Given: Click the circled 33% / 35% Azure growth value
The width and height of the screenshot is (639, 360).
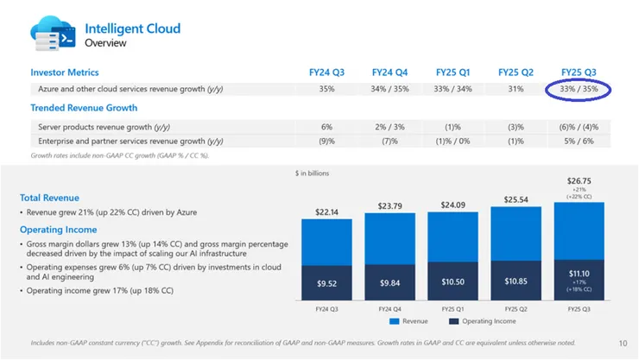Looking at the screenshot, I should click(x=579, y=89).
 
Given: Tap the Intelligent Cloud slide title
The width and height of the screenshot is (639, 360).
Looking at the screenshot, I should click(x=132, y=28).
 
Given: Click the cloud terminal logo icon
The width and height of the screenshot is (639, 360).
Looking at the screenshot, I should click(x=53, y=34).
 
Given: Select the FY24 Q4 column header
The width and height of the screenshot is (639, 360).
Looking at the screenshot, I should click(x=389, y=73).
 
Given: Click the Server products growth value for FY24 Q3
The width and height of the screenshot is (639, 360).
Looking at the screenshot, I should click(x=326, y=127).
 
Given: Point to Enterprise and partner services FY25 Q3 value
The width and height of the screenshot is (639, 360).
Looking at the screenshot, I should click(x=578, y=141).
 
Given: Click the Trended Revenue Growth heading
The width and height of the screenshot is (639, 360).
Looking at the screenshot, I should click(x=84, y=108).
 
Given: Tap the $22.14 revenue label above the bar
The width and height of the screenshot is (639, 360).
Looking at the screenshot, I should click(x=326, y=212).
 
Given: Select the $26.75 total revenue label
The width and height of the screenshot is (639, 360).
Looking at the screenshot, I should click(x=579, y=181).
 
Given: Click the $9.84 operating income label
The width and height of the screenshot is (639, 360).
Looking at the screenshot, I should click(x=389, y=282).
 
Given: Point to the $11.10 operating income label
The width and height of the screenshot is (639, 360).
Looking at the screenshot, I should click(x=579, y=273).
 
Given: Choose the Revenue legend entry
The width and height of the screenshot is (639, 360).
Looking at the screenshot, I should click(x=410, y=321).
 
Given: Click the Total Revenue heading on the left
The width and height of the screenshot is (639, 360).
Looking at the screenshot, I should click(x=54, y=198).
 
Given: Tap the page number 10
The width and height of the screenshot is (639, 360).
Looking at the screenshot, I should click(x=623, y=343).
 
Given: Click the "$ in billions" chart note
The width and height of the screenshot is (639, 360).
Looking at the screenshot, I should click(x=312, y=174).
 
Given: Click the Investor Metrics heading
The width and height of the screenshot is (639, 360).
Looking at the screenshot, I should click(x=65, y=73).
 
